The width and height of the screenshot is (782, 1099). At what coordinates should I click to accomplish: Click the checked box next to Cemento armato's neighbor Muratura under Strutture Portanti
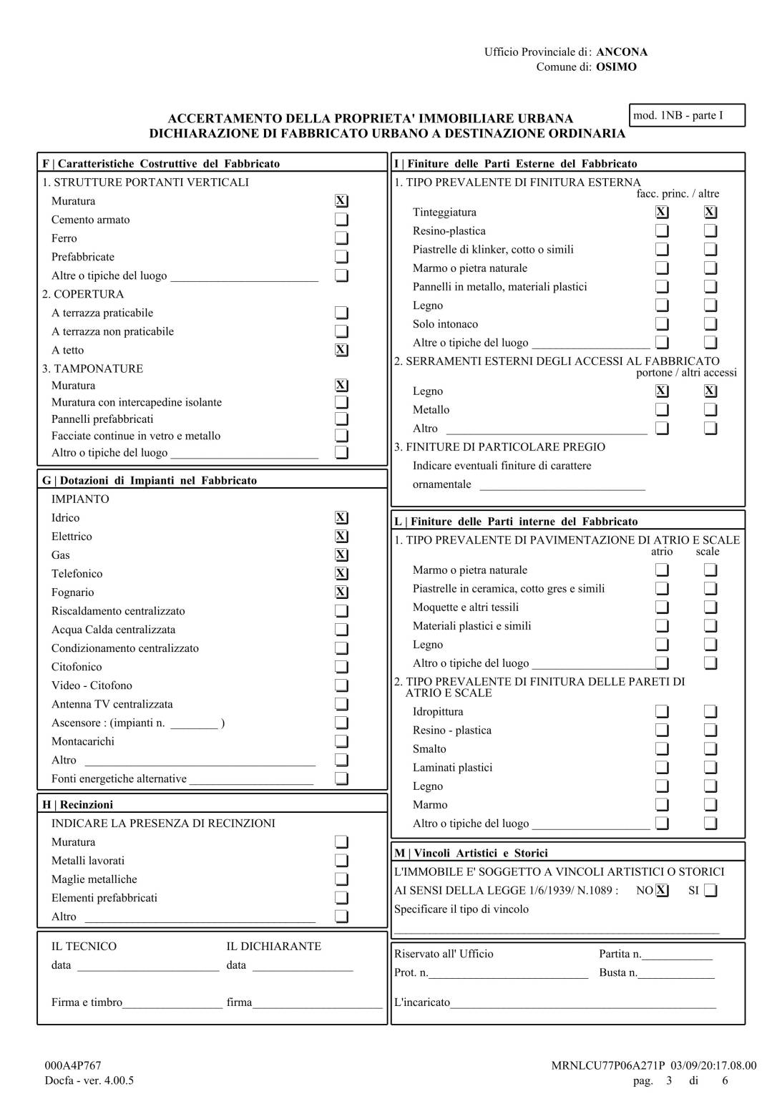[342, 201]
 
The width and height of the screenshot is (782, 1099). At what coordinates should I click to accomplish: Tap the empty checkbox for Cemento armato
[342, 220]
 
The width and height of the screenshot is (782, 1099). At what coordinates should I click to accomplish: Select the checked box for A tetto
[342, 350]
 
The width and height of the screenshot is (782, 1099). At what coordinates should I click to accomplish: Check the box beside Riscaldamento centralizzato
[342, 611]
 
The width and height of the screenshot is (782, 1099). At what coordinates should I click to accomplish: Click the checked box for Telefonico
[342, 574]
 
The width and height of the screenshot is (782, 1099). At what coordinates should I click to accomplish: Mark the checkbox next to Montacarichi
[342, 741]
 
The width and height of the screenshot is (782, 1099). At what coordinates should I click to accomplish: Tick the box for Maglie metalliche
[342, 879]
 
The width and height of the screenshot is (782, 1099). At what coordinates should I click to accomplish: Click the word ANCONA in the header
[622, 52]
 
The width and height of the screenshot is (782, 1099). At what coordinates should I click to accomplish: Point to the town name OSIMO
[616, 67]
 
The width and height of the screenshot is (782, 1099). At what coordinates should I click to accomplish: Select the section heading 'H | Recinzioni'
[78, 804]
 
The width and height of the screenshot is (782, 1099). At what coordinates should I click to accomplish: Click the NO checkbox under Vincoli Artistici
[663, 891]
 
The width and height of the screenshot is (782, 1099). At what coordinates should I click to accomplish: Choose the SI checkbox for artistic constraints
[710, 891]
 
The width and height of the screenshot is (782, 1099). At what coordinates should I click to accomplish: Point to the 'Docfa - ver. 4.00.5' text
[89, 1080]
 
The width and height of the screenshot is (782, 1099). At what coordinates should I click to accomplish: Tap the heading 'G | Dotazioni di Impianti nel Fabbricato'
[150, 480]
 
